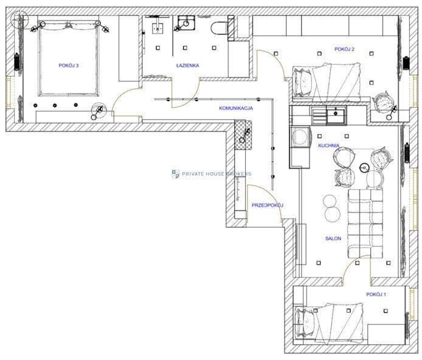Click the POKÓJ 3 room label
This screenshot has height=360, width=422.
tap(69, 66)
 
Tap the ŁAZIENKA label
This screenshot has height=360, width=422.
tap(187, 66)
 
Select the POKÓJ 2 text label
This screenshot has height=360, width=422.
tap(344, 49)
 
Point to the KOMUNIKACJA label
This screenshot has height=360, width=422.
tap(236, 108)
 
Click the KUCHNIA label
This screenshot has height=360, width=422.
tap(328, 145)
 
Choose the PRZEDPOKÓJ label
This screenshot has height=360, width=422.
tap(268, 206)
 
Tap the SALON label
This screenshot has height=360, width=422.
tap(333, 238)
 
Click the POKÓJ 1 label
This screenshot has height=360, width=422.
tap(376, 294)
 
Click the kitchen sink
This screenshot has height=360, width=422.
tap(336, 115)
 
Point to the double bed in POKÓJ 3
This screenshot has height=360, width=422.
tap(69, 58)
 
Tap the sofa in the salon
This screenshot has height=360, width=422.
tap(365, 224)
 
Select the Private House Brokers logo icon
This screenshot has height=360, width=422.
tap(176, 174)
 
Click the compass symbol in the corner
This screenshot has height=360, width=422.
tap(19, 19)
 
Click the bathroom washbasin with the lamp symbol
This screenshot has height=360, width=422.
tap(186, 23)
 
